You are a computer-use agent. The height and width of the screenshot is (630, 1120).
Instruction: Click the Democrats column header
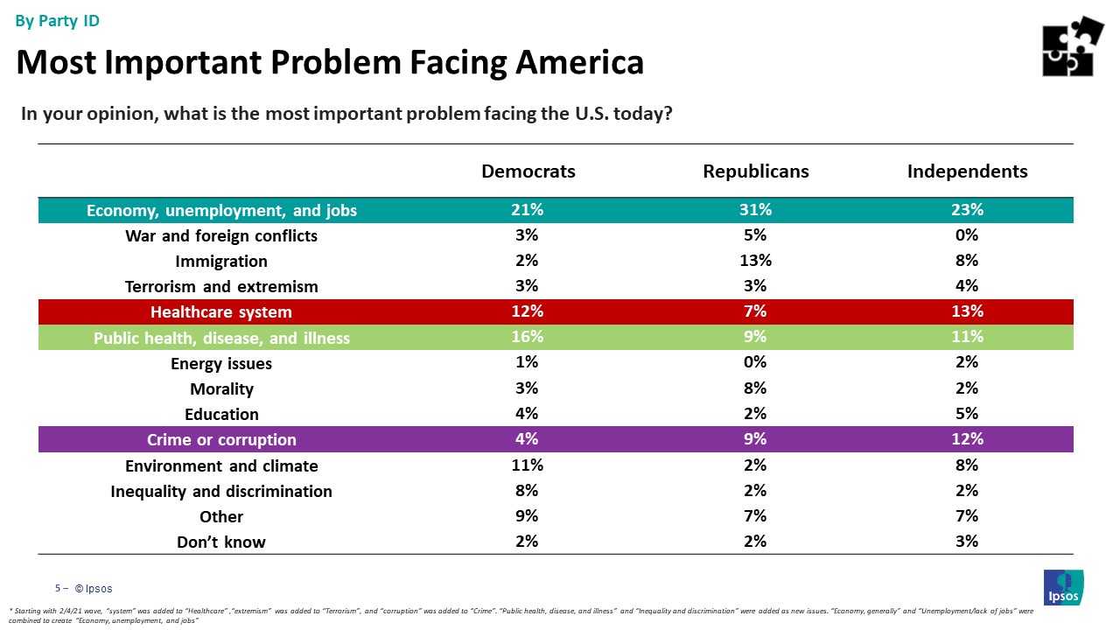(x=528, y=171)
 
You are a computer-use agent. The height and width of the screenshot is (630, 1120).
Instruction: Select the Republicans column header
(x=756, y=171)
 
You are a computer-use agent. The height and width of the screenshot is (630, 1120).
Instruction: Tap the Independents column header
(x=967, y=171)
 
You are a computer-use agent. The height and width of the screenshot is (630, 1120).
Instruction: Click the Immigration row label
(x=221, y=262)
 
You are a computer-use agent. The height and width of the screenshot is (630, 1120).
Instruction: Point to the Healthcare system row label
(x=221, y=312)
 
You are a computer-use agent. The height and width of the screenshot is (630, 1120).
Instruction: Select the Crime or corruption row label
(x=221, y=439)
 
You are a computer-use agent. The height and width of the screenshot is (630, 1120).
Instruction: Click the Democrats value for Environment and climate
(x=528, y=465)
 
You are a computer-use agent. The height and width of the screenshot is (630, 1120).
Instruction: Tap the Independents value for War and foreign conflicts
(x=967, y=234)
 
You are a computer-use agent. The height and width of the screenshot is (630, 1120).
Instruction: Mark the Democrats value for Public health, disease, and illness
(x=528, y=337)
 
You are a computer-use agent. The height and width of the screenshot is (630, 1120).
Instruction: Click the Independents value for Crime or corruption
(x=967, y=438)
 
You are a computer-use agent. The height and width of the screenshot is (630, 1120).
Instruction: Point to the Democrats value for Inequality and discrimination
(x=528, y=490)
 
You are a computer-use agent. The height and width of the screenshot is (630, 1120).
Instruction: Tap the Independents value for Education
(x=967, y=413)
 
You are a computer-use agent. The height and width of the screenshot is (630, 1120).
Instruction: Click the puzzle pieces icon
(x=1073, y=45)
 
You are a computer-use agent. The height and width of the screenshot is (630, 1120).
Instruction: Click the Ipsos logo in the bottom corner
(x=1063, y=586)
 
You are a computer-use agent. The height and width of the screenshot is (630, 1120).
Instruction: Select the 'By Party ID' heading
(x=58, y=21)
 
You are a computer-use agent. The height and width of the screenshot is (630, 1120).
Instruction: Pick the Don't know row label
(x=221, y=542)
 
